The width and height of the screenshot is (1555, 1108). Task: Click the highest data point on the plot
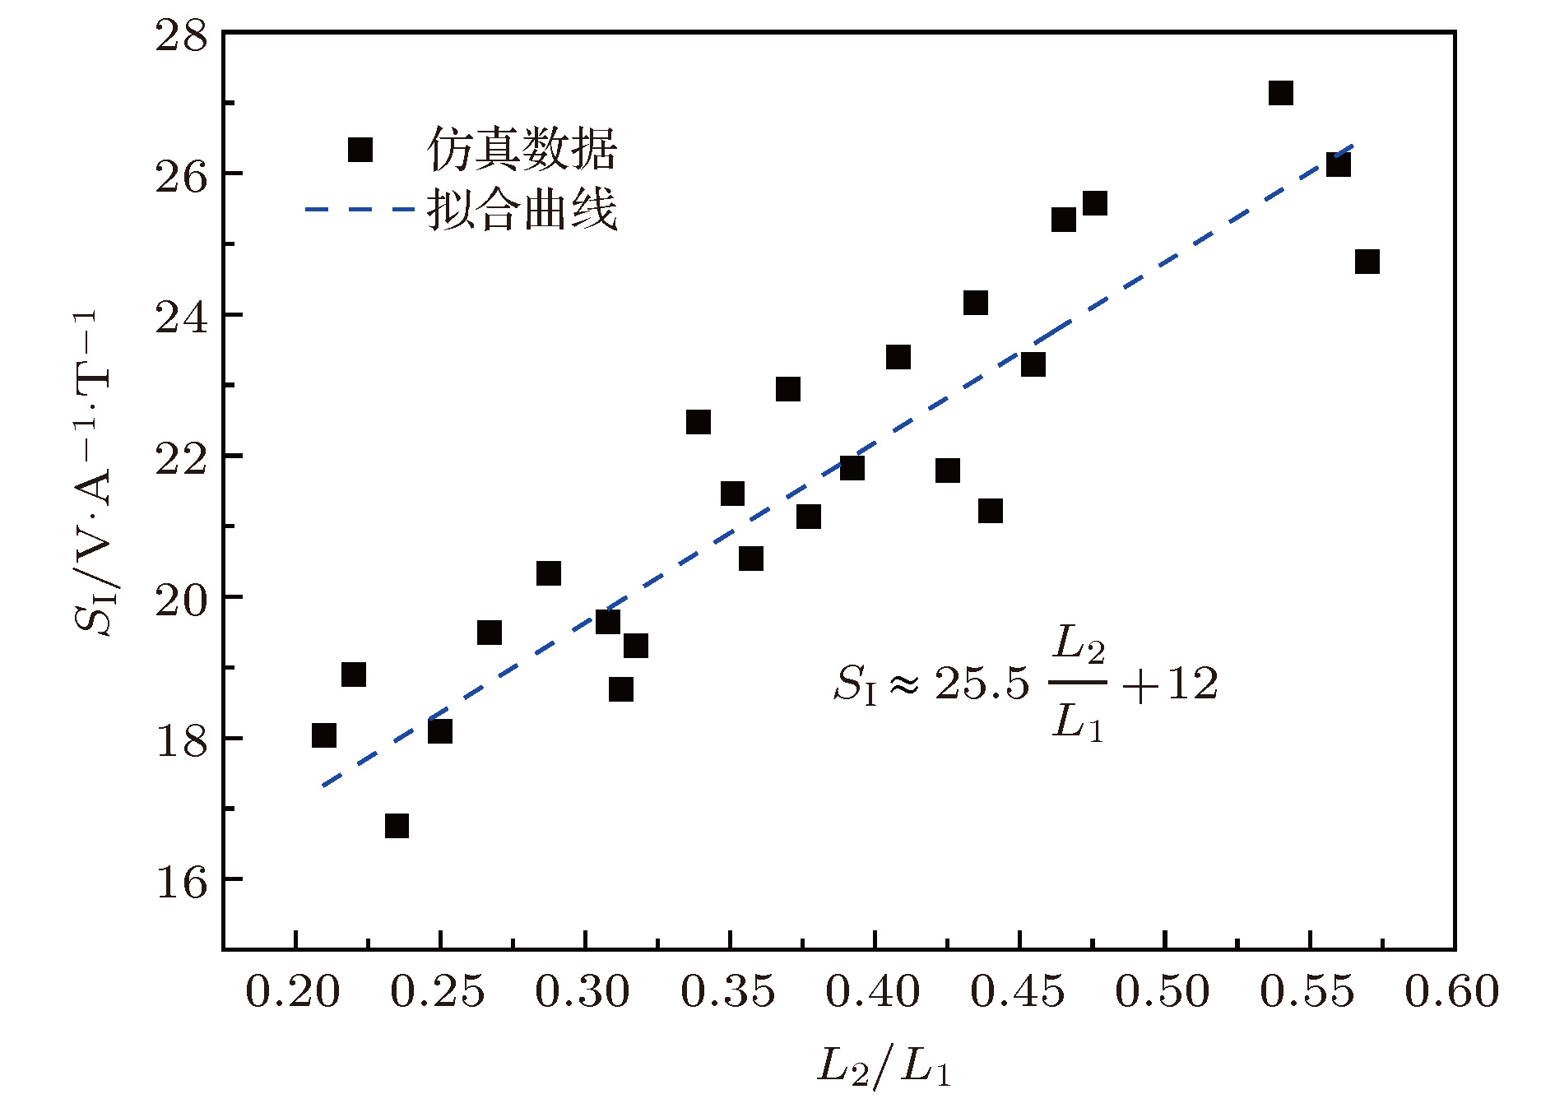[x=1280, y=93]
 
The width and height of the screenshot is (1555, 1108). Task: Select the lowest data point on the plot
[x=397, y=825]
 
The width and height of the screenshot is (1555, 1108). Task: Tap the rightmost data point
[x=1367, y=262]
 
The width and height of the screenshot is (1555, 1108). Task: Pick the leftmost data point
[x=324, y=735]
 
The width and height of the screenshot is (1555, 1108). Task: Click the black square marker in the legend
[x=360, y=150]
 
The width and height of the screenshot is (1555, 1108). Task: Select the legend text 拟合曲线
[x=522, y=210]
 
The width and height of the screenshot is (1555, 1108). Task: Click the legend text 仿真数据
[x=522, y=150]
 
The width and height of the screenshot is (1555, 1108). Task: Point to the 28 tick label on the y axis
[x=182, y=35]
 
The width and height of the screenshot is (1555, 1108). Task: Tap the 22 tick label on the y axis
[x=182, y=458]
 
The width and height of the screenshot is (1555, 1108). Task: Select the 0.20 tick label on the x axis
[x=293, y=992]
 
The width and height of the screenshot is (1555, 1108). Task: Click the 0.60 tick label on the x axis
[x=1452, y=992]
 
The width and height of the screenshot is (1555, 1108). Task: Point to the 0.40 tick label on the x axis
[x=873, y=992]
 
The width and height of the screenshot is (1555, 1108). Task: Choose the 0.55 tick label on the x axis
[x=1307, y=992]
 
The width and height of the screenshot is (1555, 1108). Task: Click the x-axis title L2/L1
[x=884, y=1067]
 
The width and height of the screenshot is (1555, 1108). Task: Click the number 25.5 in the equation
[x=982, y=684]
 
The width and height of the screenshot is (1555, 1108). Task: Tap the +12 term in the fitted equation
[x=1170, y=684]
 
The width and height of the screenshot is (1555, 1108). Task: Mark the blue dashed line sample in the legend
[x=359, y=210]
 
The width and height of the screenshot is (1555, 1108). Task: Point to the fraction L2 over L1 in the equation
[x=1078, y=684]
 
